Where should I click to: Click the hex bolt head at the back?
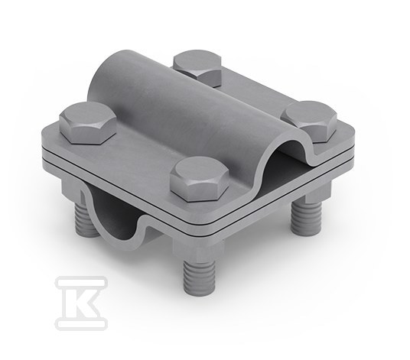(x=197, y=68)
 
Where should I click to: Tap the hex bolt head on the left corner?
(x=88, y=122)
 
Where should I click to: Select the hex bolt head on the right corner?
(x=310, y=122)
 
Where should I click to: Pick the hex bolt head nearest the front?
(x=200, y=179)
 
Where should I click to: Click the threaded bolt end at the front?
(x=199, y=277)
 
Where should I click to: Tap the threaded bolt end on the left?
(x=85, y=218)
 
